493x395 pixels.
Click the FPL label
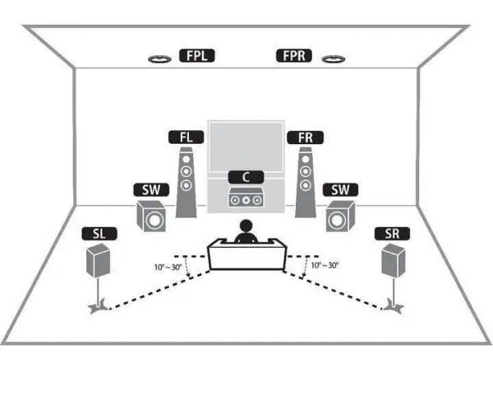click(x=197, y=56)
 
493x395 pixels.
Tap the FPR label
click(x=294, y=56)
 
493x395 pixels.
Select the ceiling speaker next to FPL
click(x=159, y=59)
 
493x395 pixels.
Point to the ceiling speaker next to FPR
click(x=334, y=59)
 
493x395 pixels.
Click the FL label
click(x=187, y=137)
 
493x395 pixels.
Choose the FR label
click(x=306, y=137)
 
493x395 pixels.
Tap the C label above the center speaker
click(x=246, y=177)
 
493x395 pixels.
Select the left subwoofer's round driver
click(x=154, y=220)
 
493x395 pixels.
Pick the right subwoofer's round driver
click(x=336, y=221)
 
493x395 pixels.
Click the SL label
click(x=99, y=234)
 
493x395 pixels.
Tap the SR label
click(x=392, y=234)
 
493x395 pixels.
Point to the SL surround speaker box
click(x=99, y=261)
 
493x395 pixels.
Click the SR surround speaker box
click(x=393, y=261)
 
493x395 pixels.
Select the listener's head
click(x=246, y=226)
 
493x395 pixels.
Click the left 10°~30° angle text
click(x=168, y=267)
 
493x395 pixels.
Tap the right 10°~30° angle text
click(x=325, y=266)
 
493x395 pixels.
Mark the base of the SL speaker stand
click(x=99, y=309)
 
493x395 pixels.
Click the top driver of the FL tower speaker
click(x=187, y=159)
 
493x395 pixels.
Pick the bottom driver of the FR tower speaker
click(x=305, y=185)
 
